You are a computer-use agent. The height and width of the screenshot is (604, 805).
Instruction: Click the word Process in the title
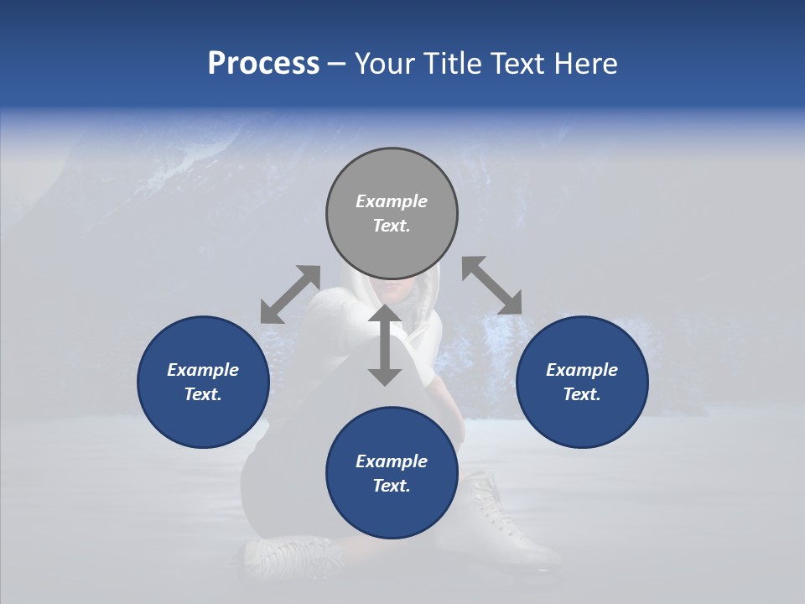tap(263, 64)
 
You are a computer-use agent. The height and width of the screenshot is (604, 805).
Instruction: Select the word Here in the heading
tap(585, 64)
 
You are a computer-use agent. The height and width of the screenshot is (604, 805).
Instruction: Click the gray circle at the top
tap(392, 213)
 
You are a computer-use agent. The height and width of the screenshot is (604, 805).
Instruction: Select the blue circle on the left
tap(203, 382)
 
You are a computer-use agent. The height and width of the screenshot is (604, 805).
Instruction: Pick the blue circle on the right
tap(582, 382)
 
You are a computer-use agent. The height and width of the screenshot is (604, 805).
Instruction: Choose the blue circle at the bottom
tap(392, 473)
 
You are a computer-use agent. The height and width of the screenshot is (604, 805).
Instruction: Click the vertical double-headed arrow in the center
tap(385, 345)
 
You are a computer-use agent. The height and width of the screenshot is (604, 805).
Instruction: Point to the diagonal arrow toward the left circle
tap(290, 294)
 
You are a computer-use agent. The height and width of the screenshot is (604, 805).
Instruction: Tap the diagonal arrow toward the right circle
tap(492, 285)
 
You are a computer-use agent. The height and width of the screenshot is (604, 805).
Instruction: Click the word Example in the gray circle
tap(392, 201)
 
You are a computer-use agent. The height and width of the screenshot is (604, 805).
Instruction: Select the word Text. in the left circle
tap(203, 394)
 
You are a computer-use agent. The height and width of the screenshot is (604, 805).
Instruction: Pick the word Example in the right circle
tap(582, 370)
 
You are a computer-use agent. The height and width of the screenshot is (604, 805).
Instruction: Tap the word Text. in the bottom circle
tap(392, 486)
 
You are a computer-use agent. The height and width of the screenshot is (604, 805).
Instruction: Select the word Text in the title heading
tap(518, 64)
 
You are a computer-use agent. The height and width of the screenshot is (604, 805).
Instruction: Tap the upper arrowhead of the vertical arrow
tap(385, 315)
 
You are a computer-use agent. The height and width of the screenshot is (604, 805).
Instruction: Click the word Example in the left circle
tap(203, 370)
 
